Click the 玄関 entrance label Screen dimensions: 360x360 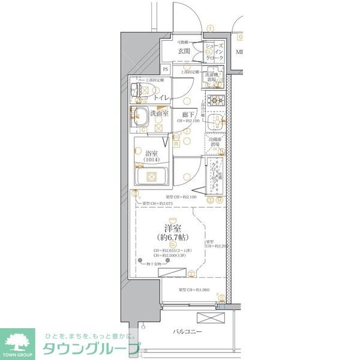(183, 52)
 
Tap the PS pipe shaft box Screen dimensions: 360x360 (166, 70)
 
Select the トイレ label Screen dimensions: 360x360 (160, 97)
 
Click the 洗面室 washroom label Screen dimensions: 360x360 (160, 114)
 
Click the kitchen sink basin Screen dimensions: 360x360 (214, 124)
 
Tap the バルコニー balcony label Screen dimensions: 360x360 (188, 332)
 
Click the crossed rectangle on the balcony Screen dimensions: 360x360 (211, 319)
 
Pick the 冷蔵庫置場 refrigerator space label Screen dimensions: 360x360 (214, 142)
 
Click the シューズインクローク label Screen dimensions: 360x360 (214, 52)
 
